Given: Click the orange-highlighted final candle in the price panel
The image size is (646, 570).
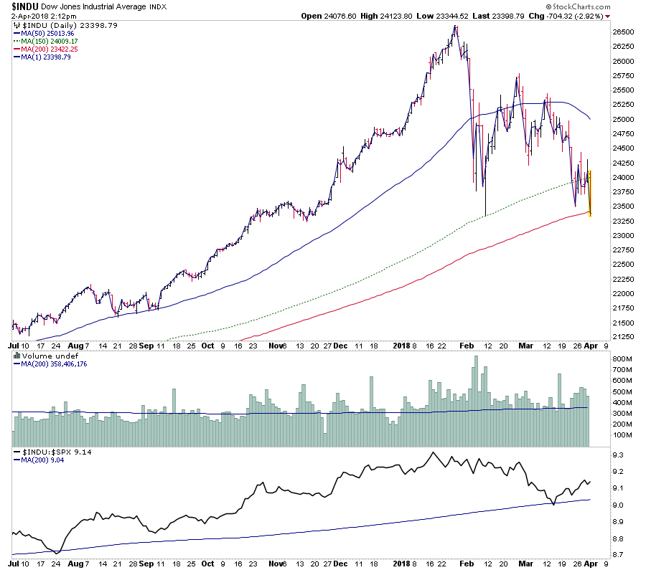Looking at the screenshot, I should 590,192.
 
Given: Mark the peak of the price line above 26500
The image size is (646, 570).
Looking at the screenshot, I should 455,27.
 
